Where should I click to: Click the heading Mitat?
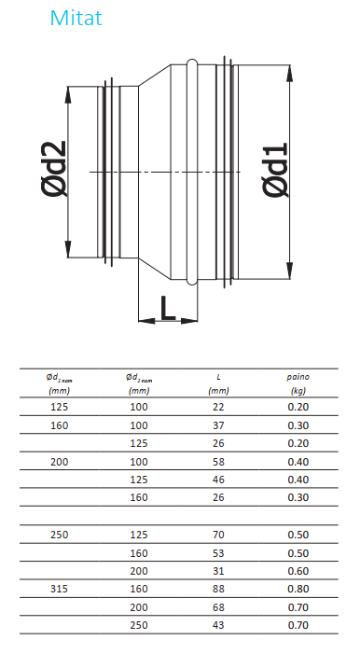76,18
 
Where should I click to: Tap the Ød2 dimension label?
54,169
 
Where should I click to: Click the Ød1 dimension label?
276,170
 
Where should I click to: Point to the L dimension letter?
168,308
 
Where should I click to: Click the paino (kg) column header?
298,383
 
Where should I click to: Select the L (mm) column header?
218,383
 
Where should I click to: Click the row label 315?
60,589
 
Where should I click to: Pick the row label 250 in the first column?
60,535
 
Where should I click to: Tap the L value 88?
218,589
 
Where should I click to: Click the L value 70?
218,535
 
